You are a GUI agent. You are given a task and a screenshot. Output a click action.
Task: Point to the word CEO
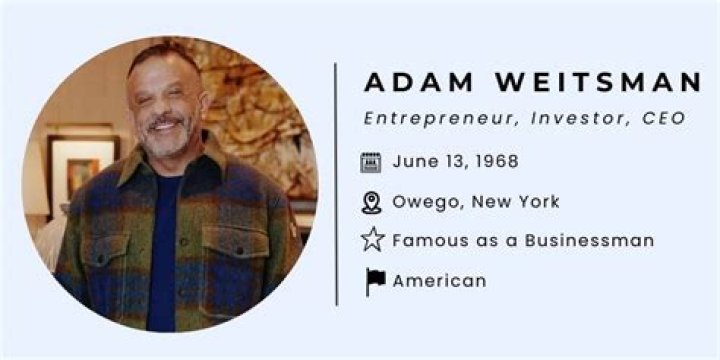(664, 119)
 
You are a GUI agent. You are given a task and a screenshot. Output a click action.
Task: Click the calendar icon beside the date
(371, 162)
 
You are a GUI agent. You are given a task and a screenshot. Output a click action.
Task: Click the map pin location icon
(371, 203)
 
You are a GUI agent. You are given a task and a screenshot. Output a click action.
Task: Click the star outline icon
(372, 240)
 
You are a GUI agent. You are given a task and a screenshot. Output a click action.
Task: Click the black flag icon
(374, 282)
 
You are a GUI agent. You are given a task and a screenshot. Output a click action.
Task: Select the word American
(439, 281)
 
